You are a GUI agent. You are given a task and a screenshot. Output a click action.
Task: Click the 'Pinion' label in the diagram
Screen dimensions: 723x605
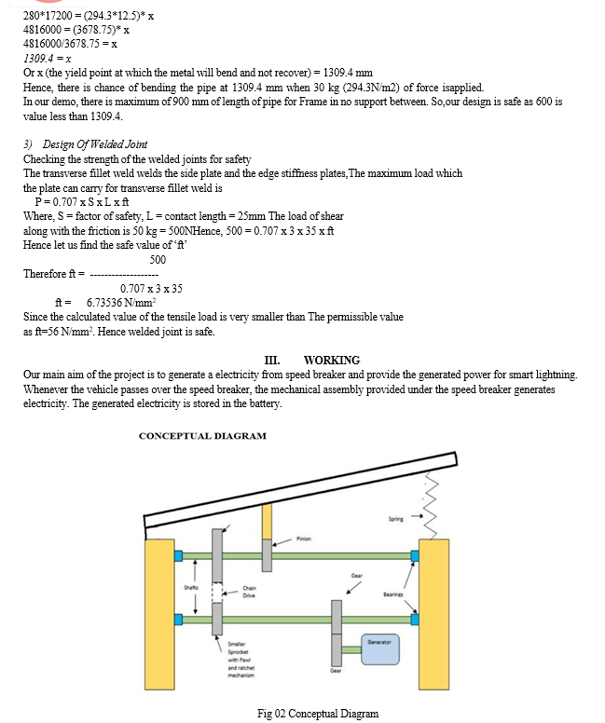point(305,538)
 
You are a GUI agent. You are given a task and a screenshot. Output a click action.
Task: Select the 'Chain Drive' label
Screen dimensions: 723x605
point(249,592)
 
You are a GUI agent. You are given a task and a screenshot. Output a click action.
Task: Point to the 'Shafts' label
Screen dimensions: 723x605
point(191,586)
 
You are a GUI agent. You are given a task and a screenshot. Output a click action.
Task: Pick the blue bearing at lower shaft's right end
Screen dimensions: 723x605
point(415,619)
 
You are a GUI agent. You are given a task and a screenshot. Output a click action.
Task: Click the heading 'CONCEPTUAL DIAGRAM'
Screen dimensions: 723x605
point(202,436)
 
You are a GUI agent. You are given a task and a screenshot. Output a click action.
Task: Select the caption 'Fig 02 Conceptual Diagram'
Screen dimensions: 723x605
point(318,714)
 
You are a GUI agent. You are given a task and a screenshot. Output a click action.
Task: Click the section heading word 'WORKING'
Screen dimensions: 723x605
point(331,361)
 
